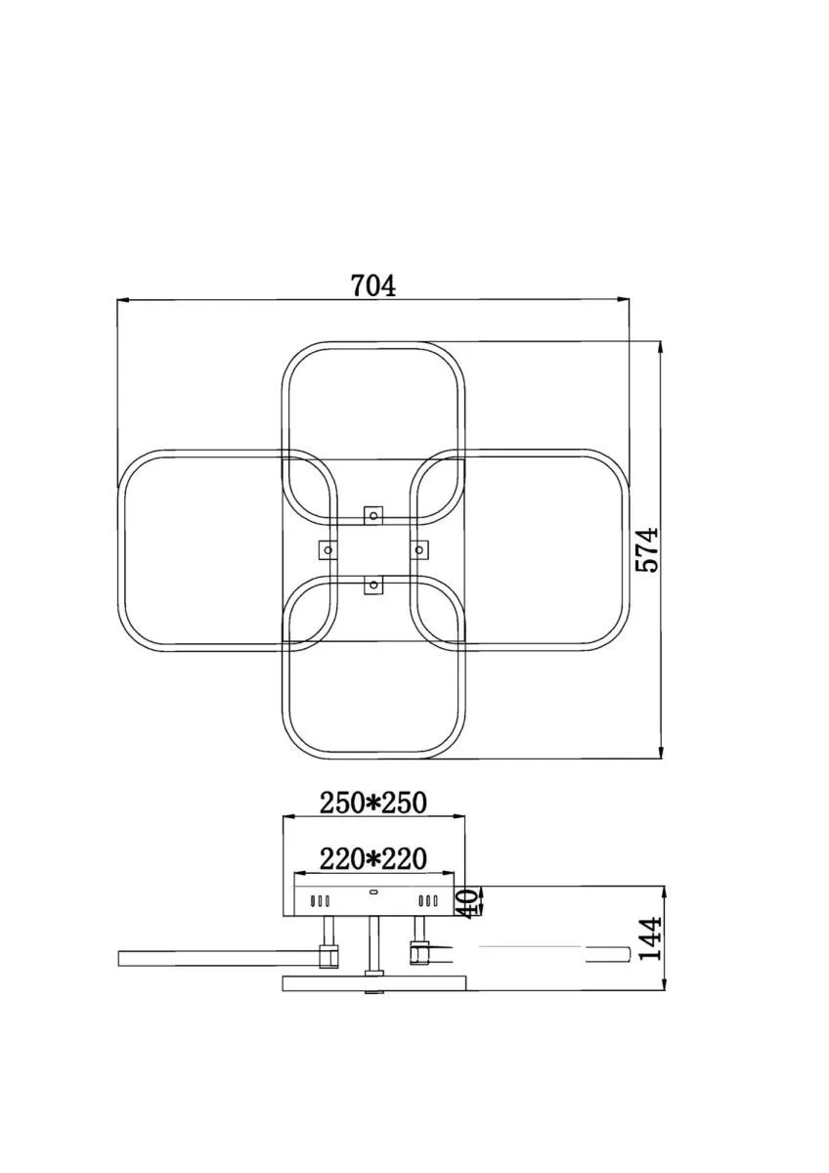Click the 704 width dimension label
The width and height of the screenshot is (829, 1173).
pos(372,285)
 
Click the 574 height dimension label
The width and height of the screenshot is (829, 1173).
pos(646,549)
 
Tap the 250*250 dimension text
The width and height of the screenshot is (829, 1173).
pos(373,804)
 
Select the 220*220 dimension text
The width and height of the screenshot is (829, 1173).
pos(373,859)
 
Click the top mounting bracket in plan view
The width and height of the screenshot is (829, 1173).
pos(373,516)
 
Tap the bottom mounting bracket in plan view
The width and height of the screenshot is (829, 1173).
pos(373,584)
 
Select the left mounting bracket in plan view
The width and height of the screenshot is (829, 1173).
pos(328,549)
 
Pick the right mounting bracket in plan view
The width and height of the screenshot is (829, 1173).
pos(419,549)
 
